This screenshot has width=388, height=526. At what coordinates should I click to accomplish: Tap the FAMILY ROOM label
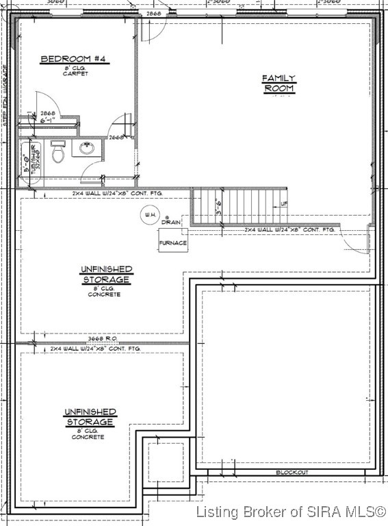click(x=279, y=83)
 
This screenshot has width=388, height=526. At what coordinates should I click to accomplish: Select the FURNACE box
click(x=172, y=243)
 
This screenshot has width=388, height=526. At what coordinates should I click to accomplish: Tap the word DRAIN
click(x=170, y=223)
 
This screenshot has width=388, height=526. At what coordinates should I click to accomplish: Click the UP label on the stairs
click(x=283, y=204)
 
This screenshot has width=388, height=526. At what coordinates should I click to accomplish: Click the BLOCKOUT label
click(x=292, y=473)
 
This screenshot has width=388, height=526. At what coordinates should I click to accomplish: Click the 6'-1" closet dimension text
click(x=47, y=121)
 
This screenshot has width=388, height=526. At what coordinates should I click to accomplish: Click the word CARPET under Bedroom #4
click(x=66, y=73)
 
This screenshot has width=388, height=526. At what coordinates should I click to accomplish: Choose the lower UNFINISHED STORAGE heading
click(x=90, y=416)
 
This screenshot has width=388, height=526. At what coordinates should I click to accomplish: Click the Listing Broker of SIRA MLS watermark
click(x=290, y=512)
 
